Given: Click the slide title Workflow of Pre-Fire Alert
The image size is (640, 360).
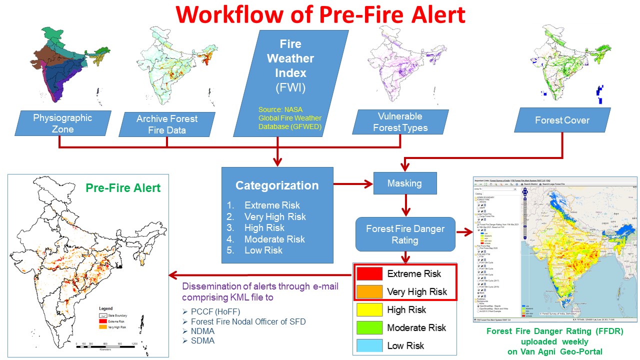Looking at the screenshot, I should [x=320, y=15].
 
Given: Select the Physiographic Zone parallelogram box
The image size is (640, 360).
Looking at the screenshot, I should [x=62, y=123].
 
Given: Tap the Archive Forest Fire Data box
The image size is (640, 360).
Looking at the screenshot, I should [x=166, y=124].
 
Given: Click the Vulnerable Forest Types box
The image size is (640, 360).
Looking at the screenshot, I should [x=400, y=122].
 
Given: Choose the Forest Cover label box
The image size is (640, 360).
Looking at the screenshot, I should [x=562, y=120].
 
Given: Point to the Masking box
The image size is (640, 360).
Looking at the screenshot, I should [x=404, y=183].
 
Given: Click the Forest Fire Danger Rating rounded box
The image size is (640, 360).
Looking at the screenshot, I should [x=405, y=234].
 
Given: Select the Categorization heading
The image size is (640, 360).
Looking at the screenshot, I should [x=277, y=185].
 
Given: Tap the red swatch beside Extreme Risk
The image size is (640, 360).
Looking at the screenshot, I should [x=369, y=274].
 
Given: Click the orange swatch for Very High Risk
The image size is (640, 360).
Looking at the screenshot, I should [x=369, y=291].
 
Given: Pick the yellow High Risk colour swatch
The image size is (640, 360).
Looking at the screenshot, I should [x=369, y=310].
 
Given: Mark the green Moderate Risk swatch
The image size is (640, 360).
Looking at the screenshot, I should [x=369, y=328].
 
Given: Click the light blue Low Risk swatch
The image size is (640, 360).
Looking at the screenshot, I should [x=369, y=345].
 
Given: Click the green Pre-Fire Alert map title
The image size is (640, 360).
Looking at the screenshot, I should [x=123, y=188].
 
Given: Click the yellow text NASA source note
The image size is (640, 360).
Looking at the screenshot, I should [x=289, y=118].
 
